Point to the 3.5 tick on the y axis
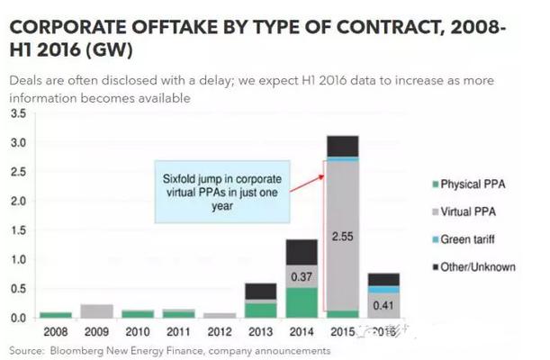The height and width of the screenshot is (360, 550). tap(18, 114)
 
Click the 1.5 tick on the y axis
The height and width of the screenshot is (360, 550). tap(18, 230)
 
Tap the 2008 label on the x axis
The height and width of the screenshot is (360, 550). tap(56, 331)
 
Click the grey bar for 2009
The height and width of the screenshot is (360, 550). tap(96, 311)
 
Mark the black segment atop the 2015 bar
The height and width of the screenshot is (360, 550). tap(344, 145)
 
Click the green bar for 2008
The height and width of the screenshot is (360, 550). tap(56, 315)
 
